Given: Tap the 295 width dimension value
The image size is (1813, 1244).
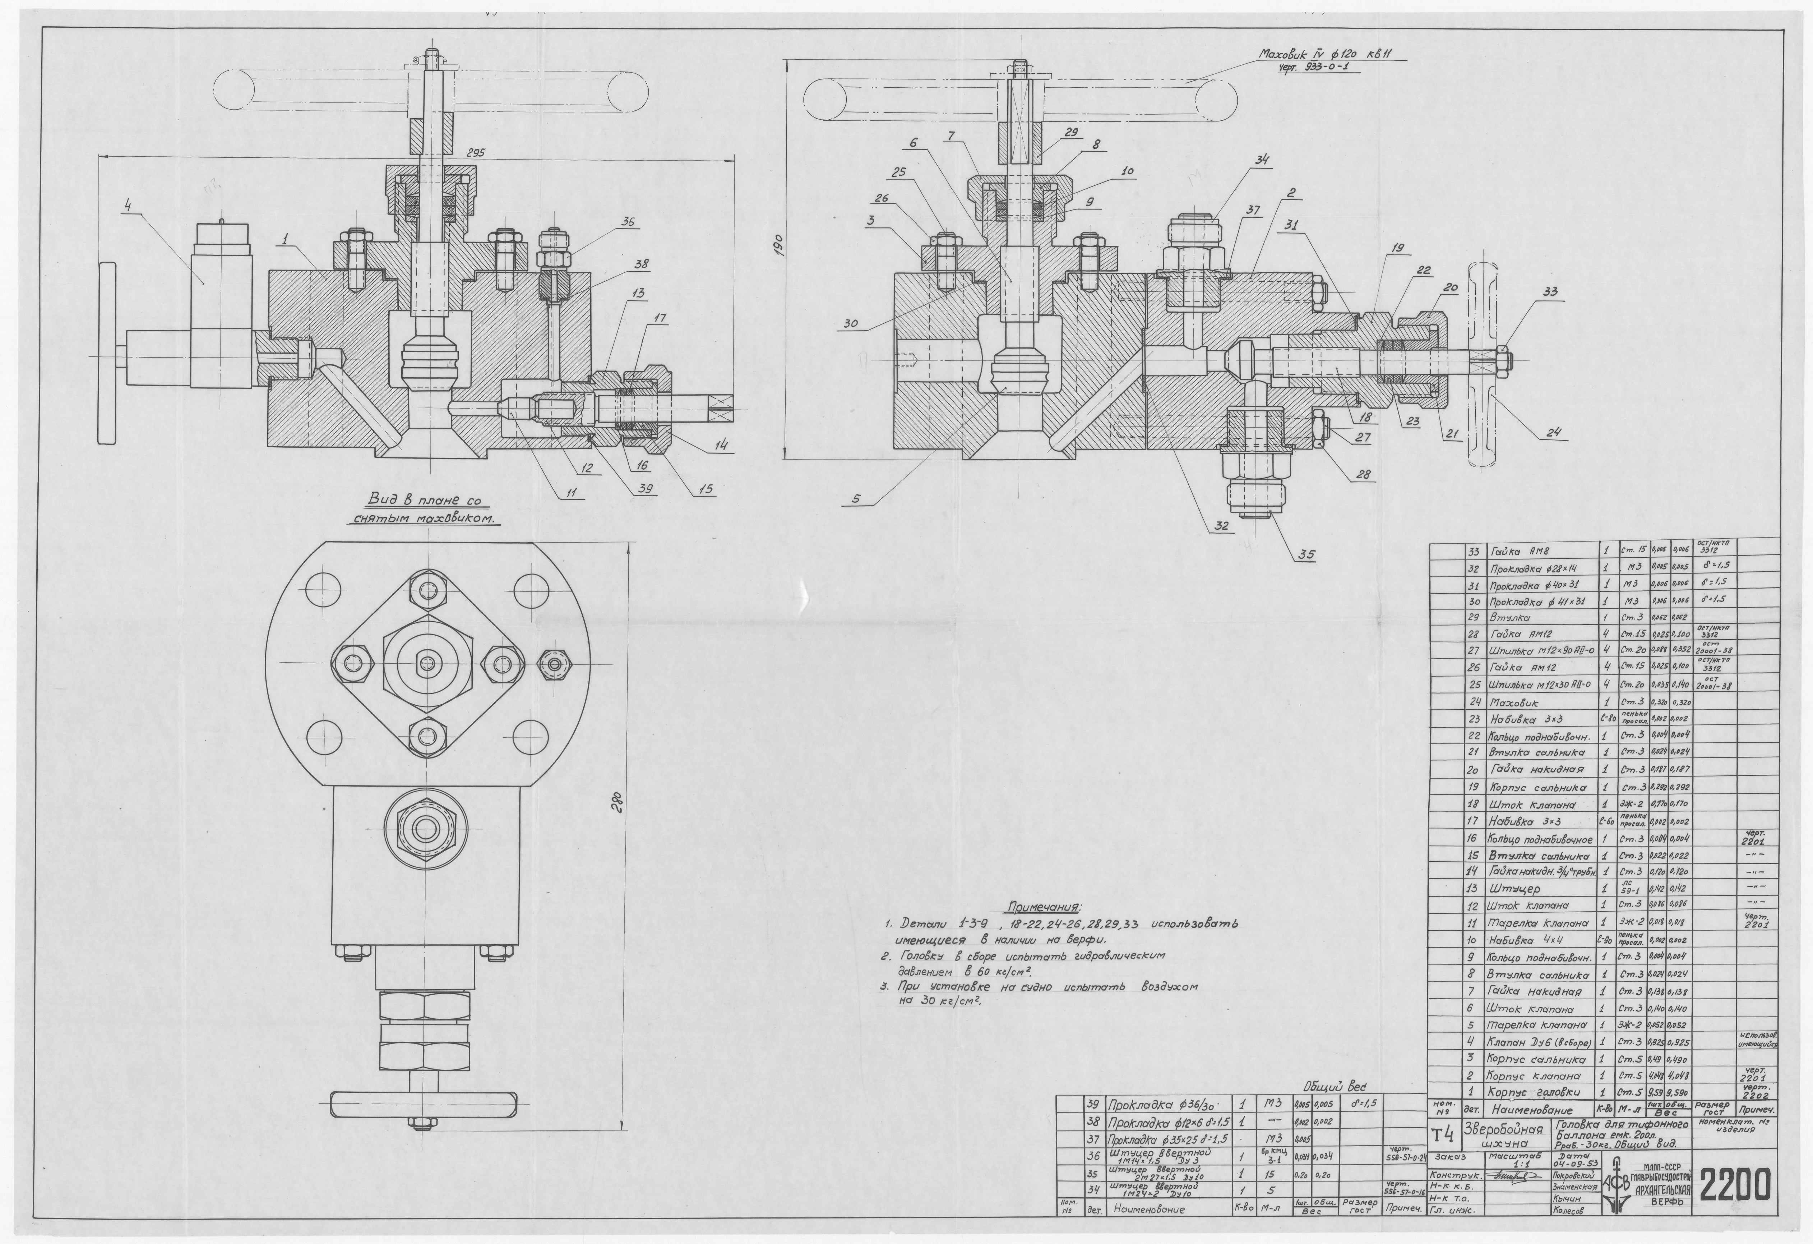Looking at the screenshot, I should pyautogui.click(x=475, y=153).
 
